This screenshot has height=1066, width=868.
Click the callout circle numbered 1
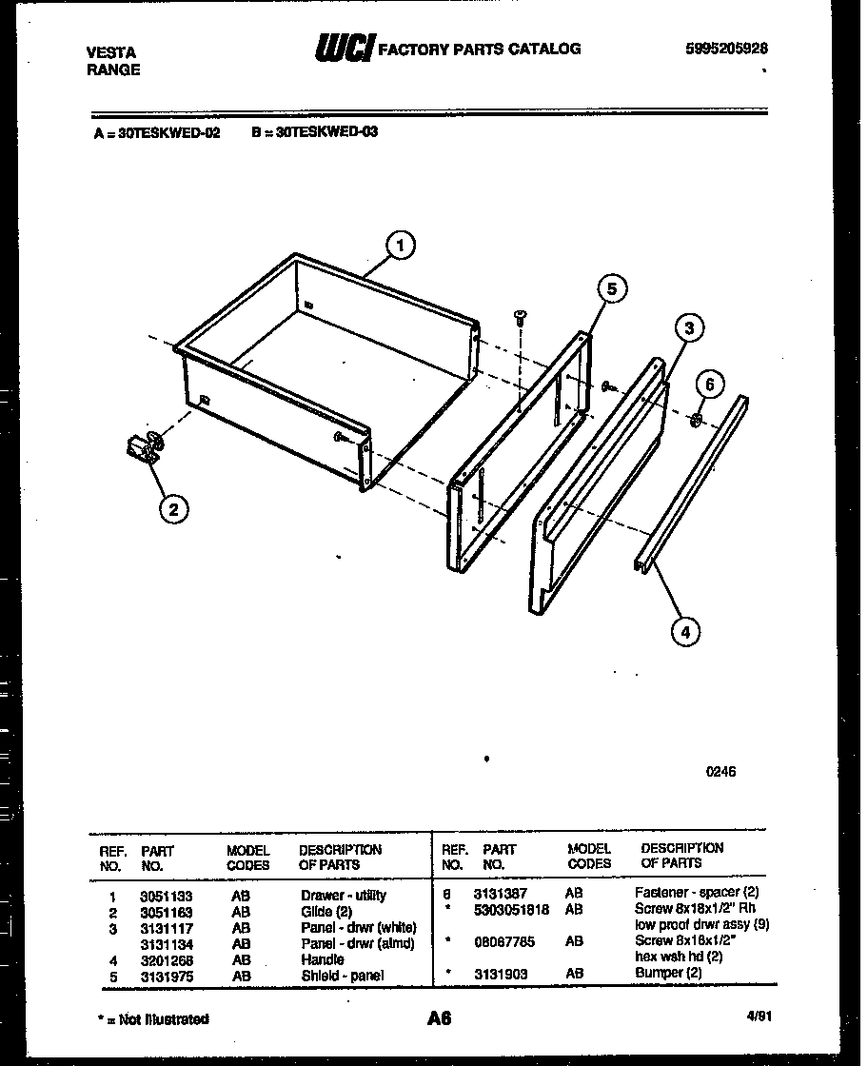click(401, 246)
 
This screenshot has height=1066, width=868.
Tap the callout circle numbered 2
click(172, 511)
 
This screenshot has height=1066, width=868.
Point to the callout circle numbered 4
click(683, 629)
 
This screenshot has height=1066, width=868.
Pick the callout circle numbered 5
click(613, 289)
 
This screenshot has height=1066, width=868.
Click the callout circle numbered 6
click(708, 385)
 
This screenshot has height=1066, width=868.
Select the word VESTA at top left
click(110, 52)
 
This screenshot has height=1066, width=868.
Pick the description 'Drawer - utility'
click(344, 896)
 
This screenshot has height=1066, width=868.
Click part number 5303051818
click(511, 909)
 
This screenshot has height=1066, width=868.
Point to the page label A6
click(438, 1018)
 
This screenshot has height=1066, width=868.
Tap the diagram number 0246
click(721, 772)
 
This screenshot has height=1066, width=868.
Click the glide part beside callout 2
click(144, 447)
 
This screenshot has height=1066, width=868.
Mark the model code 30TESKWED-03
click(315, 132)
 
